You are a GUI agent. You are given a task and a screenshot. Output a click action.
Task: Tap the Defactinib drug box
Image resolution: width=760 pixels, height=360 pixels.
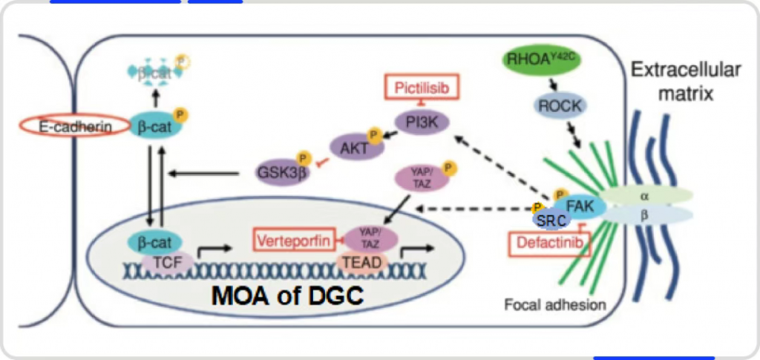coord(545,243)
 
